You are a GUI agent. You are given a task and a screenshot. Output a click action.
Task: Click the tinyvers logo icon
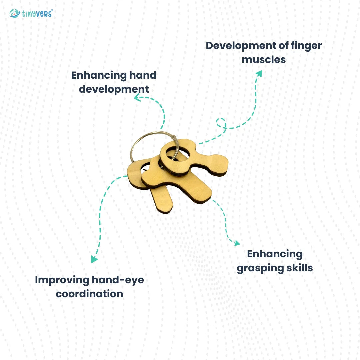click(x=14, y=14)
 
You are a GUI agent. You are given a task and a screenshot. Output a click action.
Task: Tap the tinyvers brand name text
click(x=37, y=14)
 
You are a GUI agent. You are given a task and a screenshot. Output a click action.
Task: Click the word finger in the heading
click(x=306, y=46)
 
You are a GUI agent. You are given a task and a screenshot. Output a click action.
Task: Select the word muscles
click(x=264, y=60)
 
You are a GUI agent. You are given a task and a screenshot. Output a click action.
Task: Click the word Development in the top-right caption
click(x=241, y=46)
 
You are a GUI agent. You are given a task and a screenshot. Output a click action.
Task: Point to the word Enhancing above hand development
click(x=99, y=76)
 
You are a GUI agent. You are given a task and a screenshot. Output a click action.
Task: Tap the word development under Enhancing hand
click(x=114, y=89)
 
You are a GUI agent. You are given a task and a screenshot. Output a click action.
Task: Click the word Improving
click(x=62, y=280)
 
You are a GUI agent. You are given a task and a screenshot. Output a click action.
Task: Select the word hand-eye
click(x=118, y=280)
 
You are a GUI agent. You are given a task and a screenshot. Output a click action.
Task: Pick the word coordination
click(x=89, y=294)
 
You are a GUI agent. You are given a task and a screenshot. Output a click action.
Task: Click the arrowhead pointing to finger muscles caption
click(x=259, y=73)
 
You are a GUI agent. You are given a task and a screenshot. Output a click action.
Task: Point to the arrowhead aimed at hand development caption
click(x=137, y=97)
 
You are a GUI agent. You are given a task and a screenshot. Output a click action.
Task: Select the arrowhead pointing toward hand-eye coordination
click(x=94, y=259)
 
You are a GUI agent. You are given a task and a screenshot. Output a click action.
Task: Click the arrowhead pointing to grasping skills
click(x=237, y=243)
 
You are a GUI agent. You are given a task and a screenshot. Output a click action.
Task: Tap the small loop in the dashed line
click(x=221, y=123)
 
